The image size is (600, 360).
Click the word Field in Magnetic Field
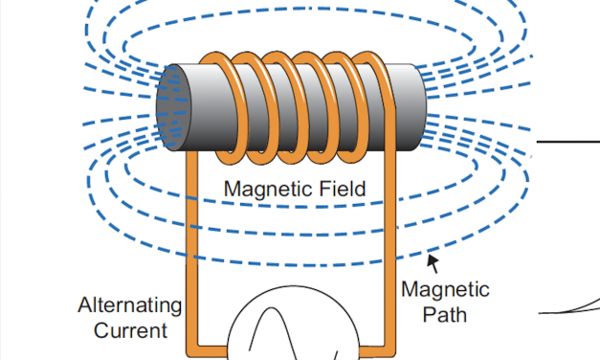coord(336,189)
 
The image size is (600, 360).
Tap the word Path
coord(445,313)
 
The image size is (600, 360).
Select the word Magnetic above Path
coord(445,289)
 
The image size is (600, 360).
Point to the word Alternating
coord(129,306)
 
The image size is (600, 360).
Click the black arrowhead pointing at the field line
coord(433,258)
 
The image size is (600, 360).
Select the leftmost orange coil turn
coord(217,105)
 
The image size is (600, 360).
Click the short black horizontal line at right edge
coord(568,141)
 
